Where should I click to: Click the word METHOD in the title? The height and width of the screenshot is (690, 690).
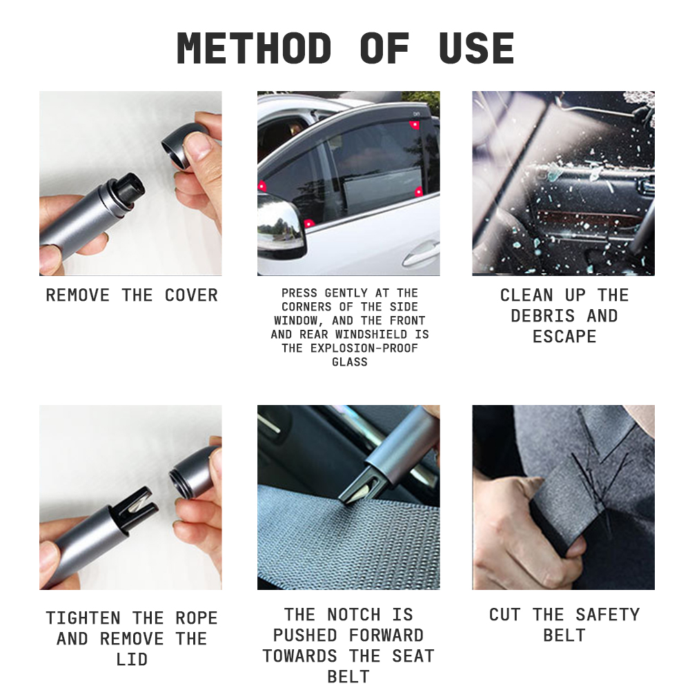(x=254, y=48)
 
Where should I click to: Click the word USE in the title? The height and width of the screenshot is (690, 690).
(x=477, y=48)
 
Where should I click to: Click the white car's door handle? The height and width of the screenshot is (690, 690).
(x=421, y=255)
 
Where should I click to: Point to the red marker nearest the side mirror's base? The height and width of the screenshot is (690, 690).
(x=309, y=224)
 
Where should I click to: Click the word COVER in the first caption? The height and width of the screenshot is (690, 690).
(x=191, y=295)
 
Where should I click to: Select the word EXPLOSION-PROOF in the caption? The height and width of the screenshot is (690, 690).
(x=364, y=348)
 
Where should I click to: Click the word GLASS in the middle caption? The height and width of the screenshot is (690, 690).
(x=350, y=362)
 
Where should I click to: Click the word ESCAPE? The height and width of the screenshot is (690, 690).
(x=564, y=337)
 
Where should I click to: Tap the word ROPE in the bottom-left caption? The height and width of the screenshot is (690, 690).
(x=196, y=618)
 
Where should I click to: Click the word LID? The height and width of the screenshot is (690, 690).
(x=132, y=659)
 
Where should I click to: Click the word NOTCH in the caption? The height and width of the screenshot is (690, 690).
(x=354, y=614)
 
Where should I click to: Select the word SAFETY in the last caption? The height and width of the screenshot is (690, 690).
(x=608, y=614)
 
